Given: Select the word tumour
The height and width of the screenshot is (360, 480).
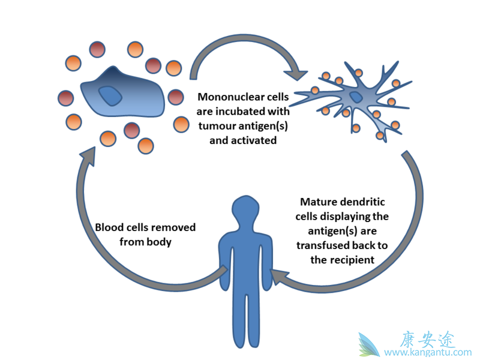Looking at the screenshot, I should point(217,126).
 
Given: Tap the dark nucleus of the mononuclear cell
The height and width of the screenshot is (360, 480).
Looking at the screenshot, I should point(110,95).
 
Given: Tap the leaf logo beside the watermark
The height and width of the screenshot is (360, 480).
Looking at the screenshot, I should point(369,345).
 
